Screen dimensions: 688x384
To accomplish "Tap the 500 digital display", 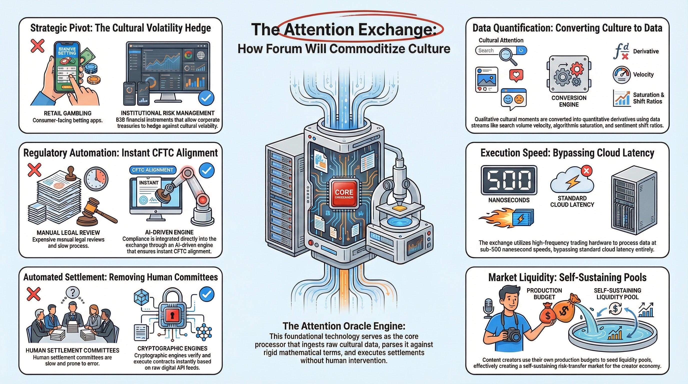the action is click(x=509, y=180).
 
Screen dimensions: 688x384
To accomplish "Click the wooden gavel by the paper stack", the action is click(x=96, y=211).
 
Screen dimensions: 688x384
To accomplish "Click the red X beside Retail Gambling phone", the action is click(x=38, y=46).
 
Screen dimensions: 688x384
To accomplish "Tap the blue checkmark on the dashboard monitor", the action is click(x=206, y=98).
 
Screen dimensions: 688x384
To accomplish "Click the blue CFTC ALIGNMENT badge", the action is click(x=152, y=170).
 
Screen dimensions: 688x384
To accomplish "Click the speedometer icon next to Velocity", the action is click(x=621, y=75).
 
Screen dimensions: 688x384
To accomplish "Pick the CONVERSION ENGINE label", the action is click(x=569, y=101).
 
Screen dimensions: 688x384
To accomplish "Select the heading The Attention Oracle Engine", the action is click(x=344, y=326).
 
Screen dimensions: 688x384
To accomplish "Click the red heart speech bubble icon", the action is click(x=516, y=75).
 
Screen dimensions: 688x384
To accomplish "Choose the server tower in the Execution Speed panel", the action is click(x=633, y=203).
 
